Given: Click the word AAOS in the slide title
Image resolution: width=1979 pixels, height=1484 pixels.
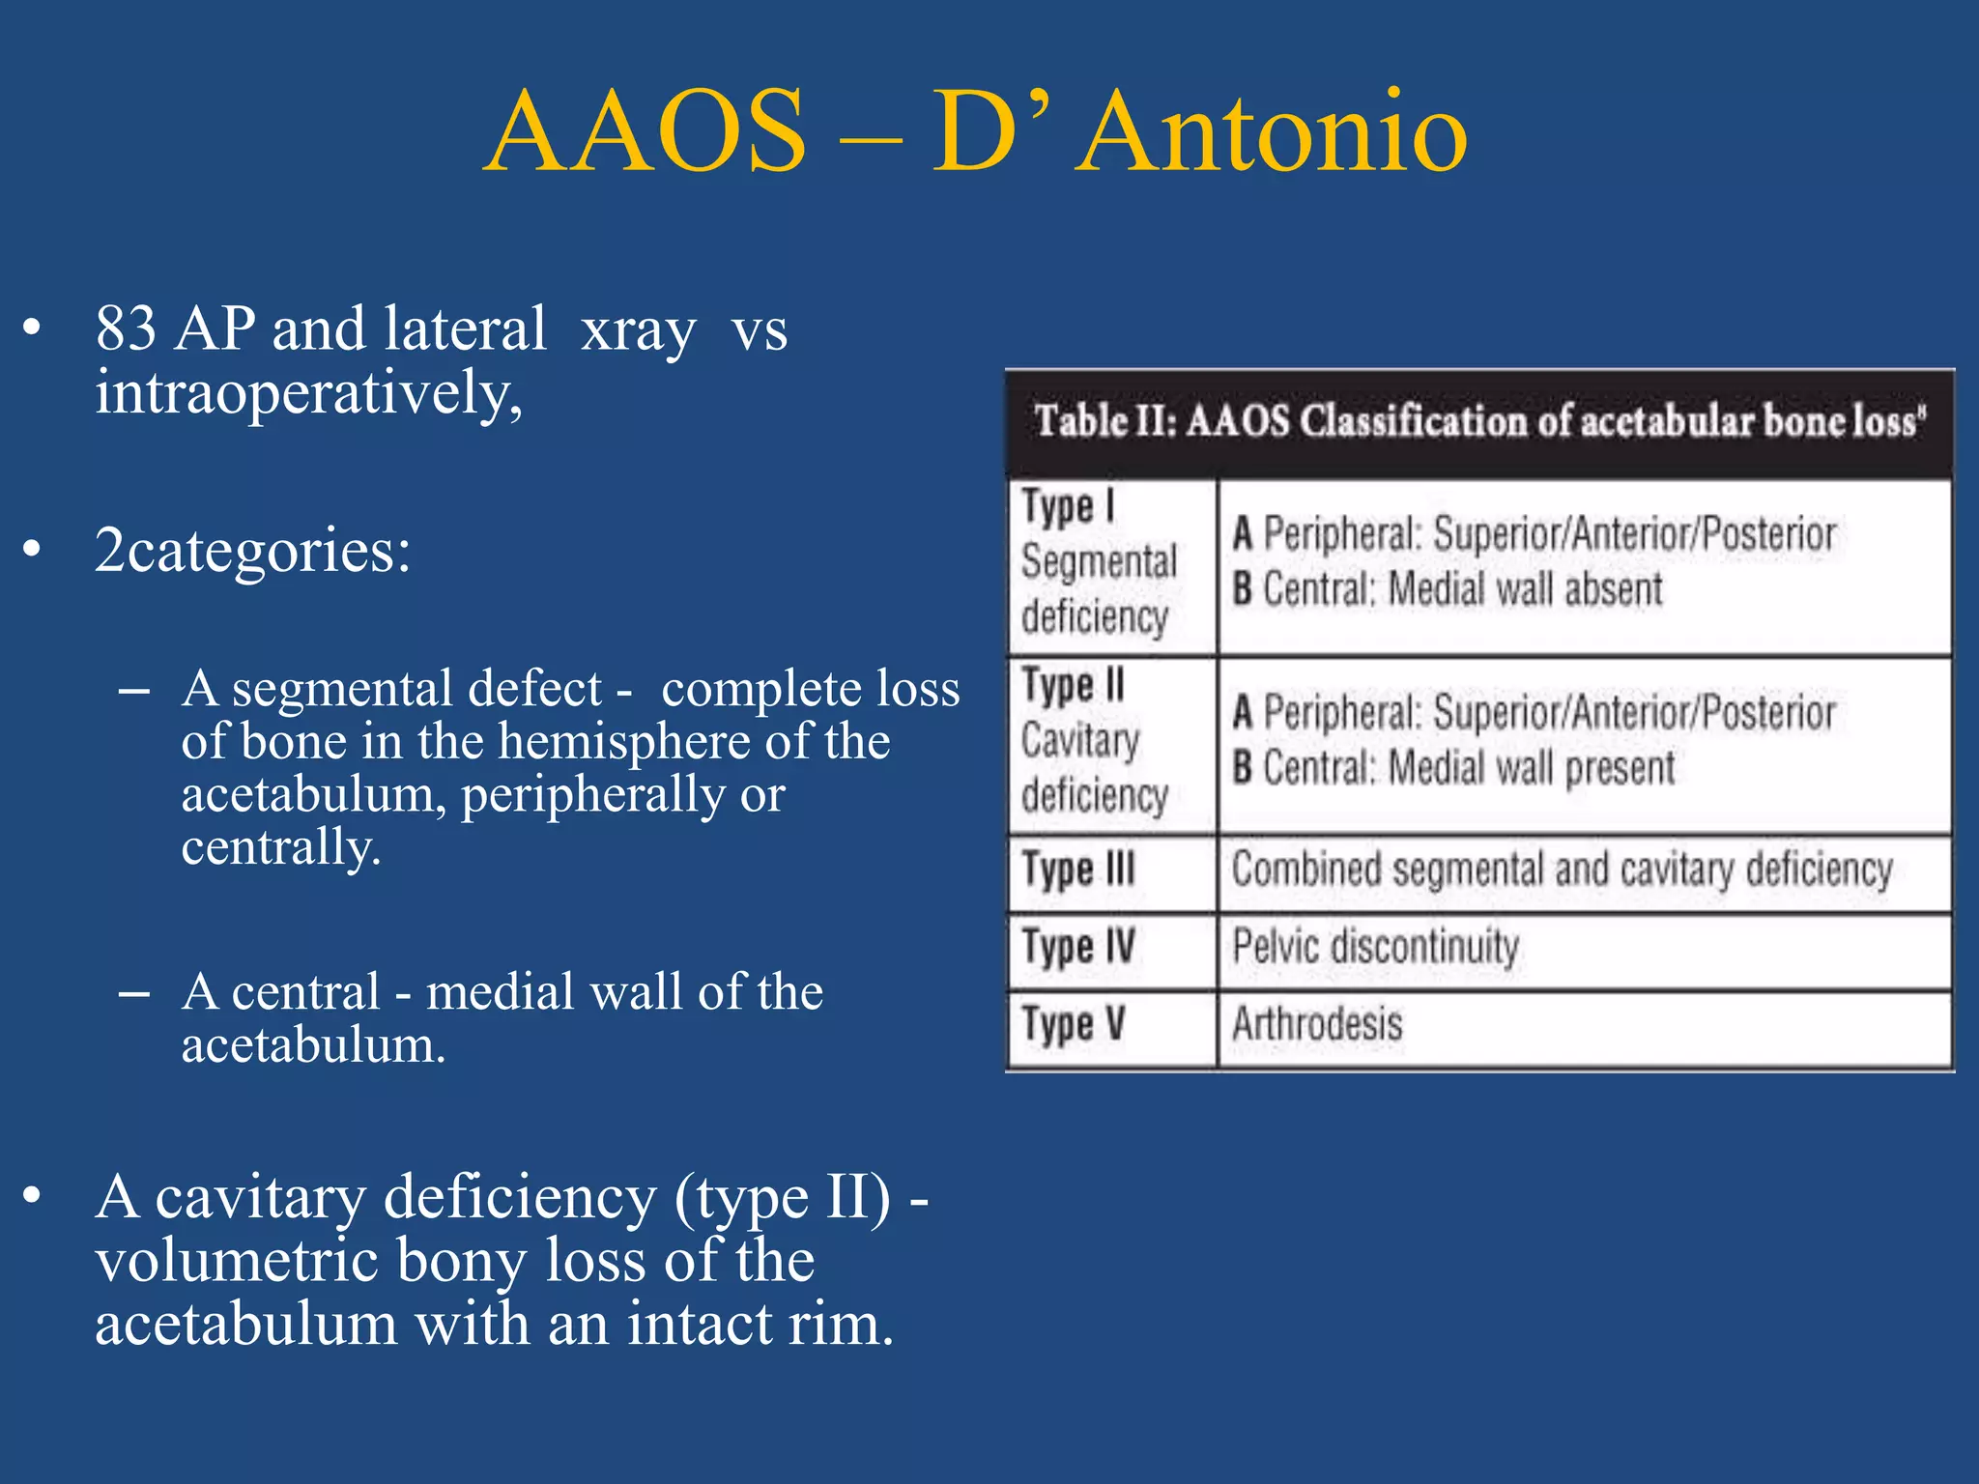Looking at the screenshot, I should point(645,132).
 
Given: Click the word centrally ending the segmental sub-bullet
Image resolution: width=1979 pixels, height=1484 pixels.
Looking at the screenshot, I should point(280,847).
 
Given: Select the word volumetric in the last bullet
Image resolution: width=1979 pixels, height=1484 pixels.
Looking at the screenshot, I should point(236,1261).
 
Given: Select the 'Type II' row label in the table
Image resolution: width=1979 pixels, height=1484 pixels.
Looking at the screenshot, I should point(1074,685).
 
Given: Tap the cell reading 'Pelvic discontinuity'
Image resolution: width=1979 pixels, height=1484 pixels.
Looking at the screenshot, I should point(1375,946).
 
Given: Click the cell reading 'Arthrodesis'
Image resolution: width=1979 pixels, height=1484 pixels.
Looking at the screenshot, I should point(1317,1024).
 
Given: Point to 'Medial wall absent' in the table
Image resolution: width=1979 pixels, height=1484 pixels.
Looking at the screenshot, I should point(1525,589).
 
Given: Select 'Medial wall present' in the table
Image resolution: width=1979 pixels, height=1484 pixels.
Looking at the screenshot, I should point(1531,768).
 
